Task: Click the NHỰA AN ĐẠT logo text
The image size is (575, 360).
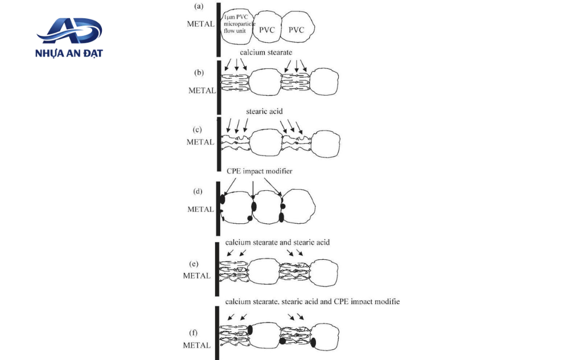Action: coord(69,53)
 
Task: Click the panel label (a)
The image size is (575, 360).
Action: coord(198,6)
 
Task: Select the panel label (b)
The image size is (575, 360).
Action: coord(199,72)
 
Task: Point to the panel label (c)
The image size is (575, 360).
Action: coord(198,129)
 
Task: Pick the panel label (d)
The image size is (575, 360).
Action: coord(198,191)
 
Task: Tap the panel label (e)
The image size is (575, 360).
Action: coord(194,264)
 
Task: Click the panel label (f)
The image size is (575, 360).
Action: coord(193,333)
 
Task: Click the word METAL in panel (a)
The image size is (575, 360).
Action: coord(200,24)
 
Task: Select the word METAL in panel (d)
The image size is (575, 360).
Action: coord(200,209)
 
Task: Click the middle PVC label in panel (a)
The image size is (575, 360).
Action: coord(266,30)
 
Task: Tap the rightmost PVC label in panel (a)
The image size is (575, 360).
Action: coord(296,30)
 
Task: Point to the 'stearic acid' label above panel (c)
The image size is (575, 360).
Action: coord(264,111)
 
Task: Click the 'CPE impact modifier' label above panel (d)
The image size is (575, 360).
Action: coord(259,171)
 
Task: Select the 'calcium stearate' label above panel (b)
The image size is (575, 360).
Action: coord(266,52)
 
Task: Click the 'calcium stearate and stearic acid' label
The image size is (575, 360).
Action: coord(277,242)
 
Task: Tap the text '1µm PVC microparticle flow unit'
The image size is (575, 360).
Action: coord(239,24)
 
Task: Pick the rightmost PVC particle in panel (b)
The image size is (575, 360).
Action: coord(324,81)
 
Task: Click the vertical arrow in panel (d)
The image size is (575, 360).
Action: coord(253,190)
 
